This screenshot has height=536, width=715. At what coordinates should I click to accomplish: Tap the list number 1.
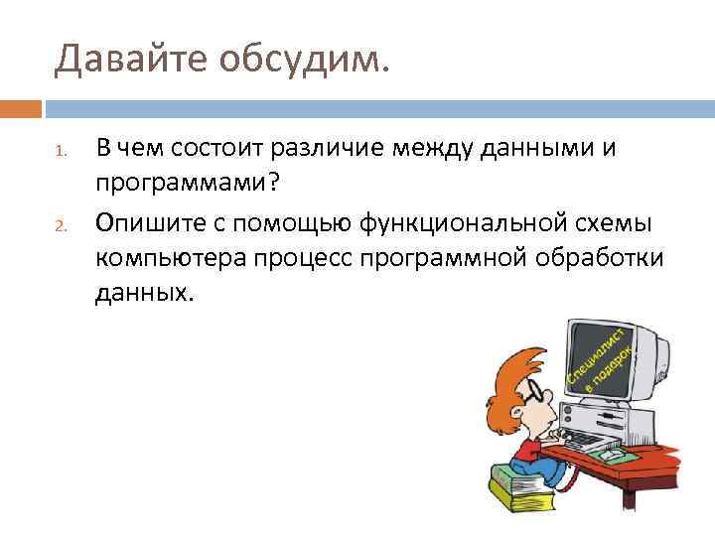[x=59, y=154]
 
